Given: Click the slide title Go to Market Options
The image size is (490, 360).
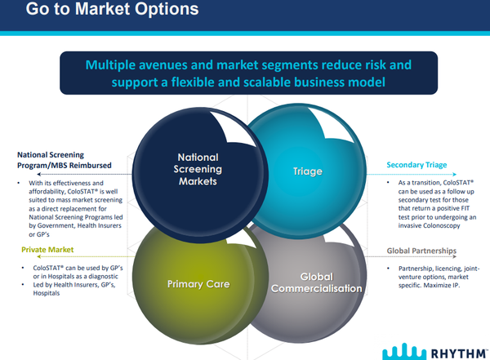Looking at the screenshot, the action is click(112, 9).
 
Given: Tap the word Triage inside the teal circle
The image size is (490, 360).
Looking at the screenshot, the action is click(308, 171).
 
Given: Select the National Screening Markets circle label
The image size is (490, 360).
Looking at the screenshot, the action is click(198, 169).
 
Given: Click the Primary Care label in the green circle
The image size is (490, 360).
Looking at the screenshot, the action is click(198, 284).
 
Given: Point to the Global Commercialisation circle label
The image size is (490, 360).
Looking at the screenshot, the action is click(317, 282).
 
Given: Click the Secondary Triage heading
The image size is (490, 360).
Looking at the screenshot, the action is click(416, 165).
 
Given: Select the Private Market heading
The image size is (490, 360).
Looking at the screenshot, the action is click(47, 250).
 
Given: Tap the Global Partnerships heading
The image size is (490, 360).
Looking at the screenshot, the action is click(421, 251).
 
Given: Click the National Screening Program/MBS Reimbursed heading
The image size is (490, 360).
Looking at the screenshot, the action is click(65, 160).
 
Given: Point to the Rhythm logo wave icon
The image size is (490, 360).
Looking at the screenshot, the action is click(404, 352).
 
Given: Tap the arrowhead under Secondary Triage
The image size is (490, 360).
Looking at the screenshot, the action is click(455, 175).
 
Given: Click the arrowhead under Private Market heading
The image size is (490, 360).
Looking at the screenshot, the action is click(38, 256).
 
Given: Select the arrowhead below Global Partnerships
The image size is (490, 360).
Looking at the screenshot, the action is click(455, 256).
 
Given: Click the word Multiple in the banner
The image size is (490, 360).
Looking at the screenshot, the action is click(110, 65).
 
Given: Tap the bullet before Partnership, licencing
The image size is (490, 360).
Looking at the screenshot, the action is click(389, 269).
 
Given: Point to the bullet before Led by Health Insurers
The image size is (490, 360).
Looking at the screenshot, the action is click(23, 285).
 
